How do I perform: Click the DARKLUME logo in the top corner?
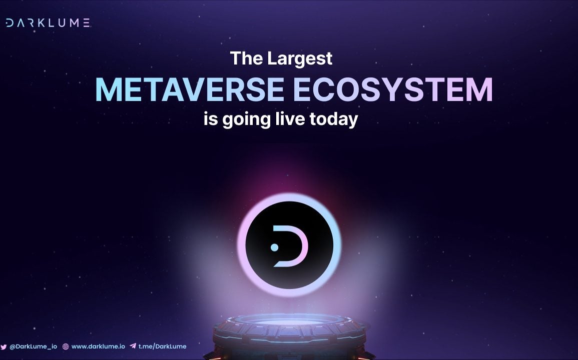(x=48, y=23)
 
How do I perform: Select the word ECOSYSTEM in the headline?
(x=393, y=89)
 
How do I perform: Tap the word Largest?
(x=300, y=59)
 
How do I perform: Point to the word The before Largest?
(x=247, y=58)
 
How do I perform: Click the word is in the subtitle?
(x=211, y=119)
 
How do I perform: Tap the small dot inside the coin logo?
(x=275, y=247)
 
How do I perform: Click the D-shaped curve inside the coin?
(x=301, y=246)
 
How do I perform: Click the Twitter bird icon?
(x=4, y=346)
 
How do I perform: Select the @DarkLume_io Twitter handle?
(x=33, y=346)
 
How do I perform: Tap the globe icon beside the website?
(x=66, y=346)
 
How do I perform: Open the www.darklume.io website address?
(x=98, y=346)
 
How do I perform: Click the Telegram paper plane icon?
(x=133, y=346)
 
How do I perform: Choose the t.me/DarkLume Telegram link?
(x=162, y=346)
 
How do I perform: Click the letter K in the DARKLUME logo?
(x=41, y=23)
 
